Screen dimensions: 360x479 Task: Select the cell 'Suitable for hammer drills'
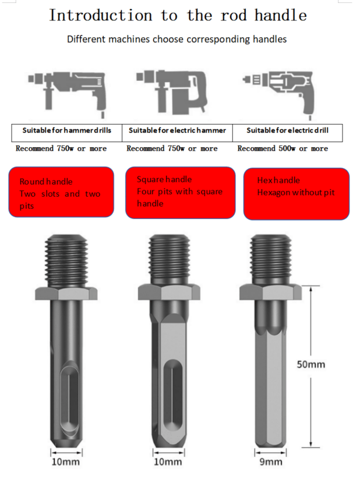coord(66,133)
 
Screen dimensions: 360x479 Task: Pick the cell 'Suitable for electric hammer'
coord(177,133)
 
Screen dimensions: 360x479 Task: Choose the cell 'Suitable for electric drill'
coord(288,133)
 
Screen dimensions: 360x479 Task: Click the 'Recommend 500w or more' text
coord(283,148)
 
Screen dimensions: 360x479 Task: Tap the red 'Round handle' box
coord(61,192)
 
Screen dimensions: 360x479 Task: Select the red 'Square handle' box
coord(180,193)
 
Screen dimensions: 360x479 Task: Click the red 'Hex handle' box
coord(297,194)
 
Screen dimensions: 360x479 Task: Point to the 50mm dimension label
coord(310,364)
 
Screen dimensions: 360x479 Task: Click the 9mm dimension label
coord(271,462)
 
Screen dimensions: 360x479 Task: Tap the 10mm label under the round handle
coord(65,462)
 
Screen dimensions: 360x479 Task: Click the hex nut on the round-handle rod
coord(66,293)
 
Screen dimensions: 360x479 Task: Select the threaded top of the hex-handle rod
coord(270,260)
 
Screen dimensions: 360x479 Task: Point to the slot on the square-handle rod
coord(173,395)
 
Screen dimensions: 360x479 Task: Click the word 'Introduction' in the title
coord(101,16)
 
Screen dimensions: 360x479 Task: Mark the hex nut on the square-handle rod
coord(169,292)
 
